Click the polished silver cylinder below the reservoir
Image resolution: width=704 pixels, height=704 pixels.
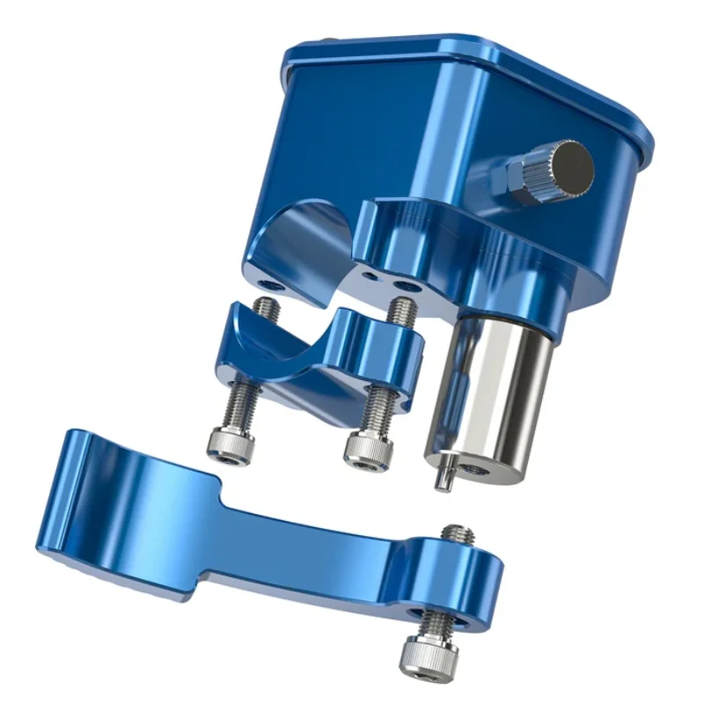[x=493, y=387]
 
